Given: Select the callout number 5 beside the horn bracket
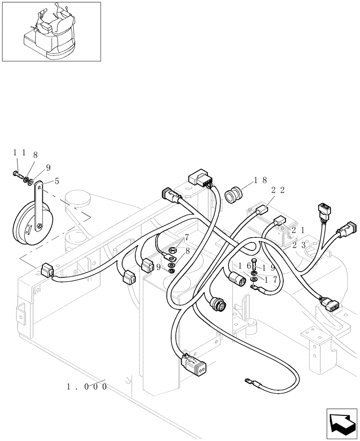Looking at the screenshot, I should (56, 181).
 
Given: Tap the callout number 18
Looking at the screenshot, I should (261, 180).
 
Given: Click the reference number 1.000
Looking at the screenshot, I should (87, 387).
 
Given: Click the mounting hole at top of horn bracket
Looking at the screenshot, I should (40, 187).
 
